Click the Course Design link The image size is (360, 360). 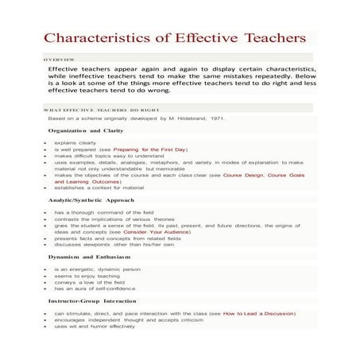click(242, 174)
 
